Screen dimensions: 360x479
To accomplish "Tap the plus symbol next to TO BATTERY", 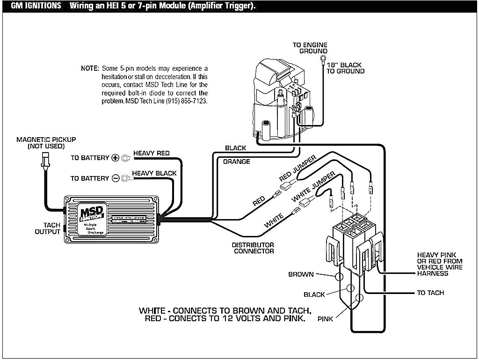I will [116, 158].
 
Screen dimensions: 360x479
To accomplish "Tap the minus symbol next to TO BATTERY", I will [116, 178].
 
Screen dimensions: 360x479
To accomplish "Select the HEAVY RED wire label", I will [151, 153].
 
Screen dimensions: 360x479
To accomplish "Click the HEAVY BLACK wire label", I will [154, 173].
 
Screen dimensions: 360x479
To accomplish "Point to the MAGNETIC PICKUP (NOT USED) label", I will [46, 143].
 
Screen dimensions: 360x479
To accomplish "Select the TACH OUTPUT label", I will [48, 228].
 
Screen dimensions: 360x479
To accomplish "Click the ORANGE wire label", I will [236, 162].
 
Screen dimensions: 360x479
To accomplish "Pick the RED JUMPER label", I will [298, 169].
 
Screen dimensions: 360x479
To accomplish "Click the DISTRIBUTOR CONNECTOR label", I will [254, 248].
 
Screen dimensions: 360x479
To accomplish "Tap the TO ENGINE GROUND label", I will [310, 48].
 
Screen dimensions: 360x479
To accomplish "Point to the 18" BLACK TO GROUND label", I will [345, 68].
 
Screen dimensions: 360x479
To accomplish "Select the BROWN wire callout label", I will [301, 274].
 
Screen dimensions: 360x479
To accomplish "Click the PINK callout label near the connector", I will [326, 319].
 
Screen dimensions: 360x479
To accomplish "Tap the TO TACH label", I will [430, 293].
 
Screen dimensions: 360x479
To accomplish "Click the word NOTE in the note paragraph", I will [90, 68].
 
